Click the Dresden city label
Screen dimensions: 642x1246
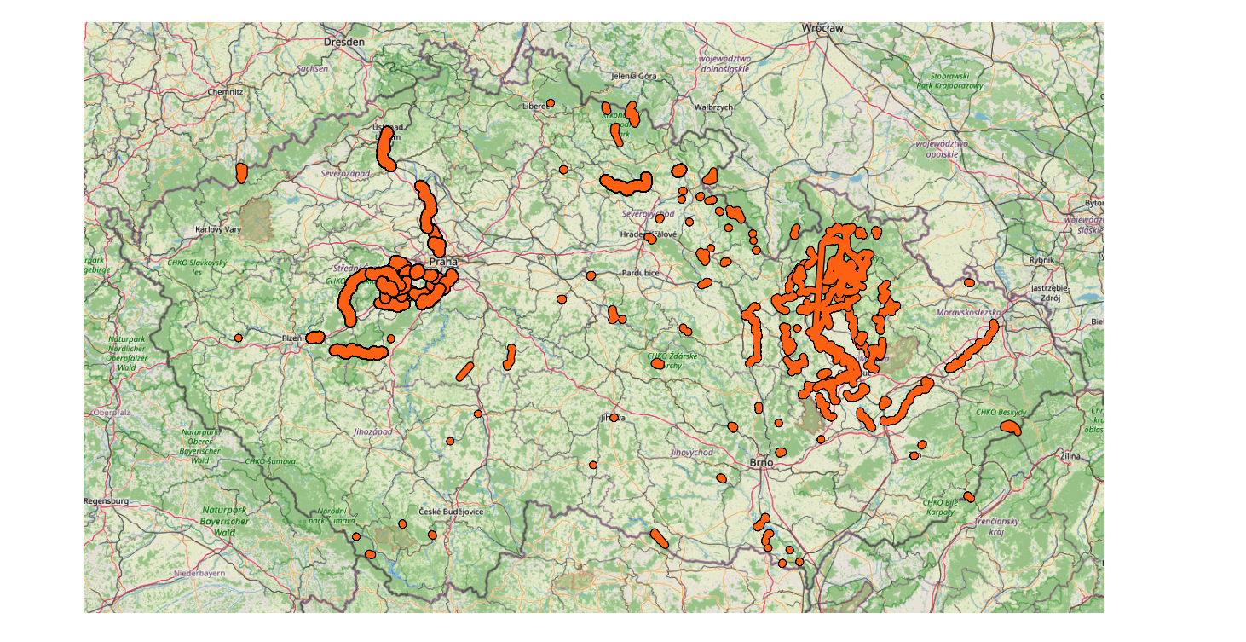tap(344, 41)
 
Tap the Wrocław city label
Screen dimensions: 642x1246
tap(822, 28)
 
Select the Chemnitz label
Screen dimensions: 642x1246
tap(225, 91)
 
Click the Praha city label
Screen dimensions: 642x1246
tap(443, 262)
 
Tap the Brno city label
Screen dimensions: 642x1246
tap(761, 462)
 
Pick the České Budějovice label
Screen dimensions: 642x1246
tap(451, 512)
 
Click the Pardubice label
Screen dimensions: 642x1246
tap(641, 273)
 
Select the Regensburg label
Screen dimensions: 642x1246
tap(107, 501)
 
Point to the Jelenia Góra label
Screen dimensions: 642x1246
tap(634, 76)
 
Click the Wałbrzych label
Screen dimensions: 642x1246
tap(713, 107)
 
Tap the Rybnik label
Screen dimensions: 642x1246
tap(1041, 260)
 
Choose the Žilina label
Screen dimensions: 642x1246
tap(1070, 456)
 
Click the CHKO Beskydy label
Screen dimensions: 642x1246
tap(1001, 413)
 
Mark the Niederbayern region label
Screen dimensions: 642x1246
tap(199, 573)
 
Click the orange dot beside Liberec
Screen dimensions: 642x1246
tap(551, 103)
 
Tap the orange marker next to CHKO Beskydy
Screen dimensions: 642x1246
tap(1010, 427)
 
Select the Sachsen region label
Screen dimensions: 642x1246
tap(312, 68)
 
